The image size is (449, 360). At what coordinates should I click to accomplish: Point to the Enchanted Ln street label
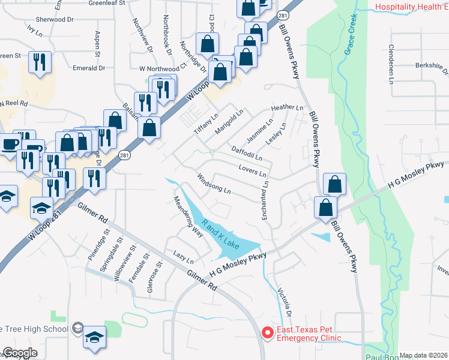coord(264,201)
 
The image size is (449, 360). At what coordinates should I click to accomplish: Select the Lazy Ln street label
coord(183,257)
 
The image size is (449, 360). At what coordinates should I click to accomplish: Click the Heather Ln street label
coord(288,107)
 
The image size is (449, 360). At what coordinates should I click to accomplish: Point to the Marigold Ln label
coord(229,120)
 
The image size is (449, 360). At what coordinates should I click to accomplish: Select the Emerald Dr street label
coord(89,68)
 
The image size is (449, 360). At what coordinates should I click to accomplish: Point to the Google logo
coord(20,353)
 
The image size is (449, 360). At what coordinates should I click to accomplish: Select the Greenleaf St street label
coord(107,3)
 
